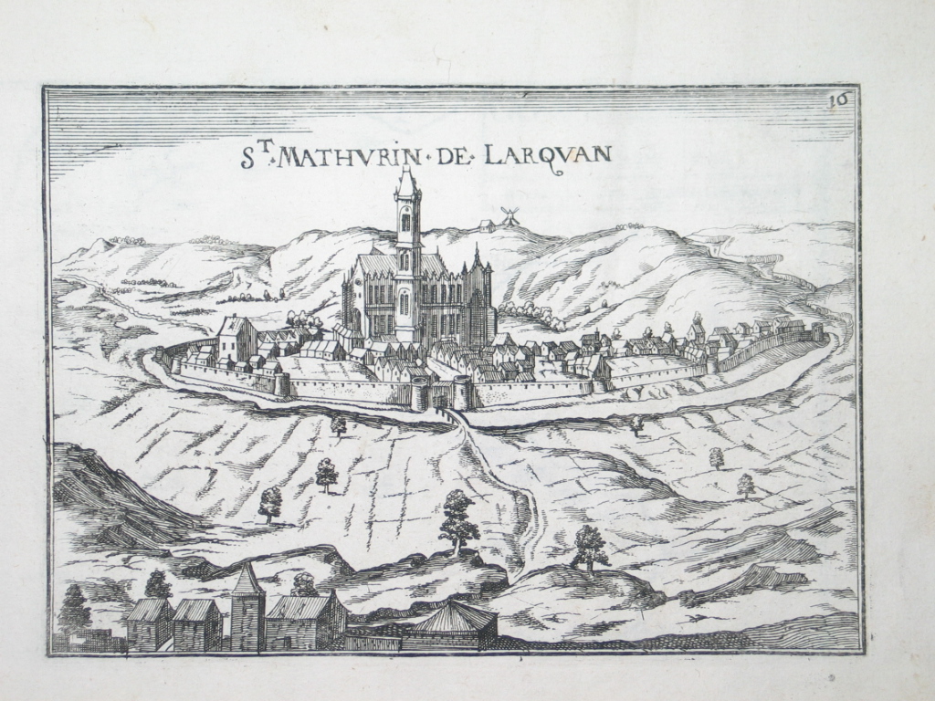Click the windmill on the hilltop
[510, 216]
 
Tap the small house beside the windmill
[485, 225]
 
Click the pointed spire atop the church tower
[407, 179]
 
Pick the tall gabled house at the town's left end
[236, 339]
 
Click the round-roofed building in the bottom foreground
[453, 624]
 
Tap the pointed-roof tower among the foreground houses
[247, 606]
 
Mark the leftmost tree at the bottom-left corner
[74, 609]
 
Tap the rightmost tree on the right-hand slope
[746, 485]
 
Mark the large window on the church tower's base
[404, 303]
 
